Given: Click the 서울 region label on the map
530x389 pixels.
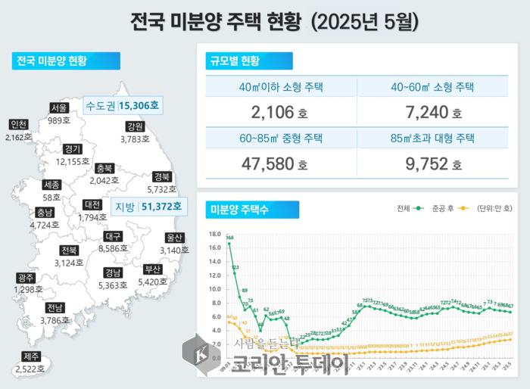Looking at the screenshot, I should [x=59, y=108].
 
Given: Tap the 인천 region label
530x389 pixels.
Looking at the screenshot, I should [x=18, y=125].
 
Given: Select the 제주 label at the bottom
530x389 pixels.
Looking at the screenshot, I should [x=33, y=357].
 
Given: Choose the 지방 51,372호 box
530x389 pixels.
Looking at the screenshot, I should [x=147, y=206].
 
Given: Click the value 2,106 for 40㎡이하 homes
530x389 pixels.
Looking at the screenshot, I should [x=275, y=114].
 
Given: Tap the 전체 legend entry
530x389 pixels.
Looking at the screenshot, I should [x=408, y=208].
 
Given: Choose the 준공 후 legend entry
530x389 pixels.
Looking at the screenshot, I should [x=448, y=208].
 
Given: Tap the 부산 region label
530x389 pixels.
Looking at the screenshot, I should [x=153, y=269].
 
